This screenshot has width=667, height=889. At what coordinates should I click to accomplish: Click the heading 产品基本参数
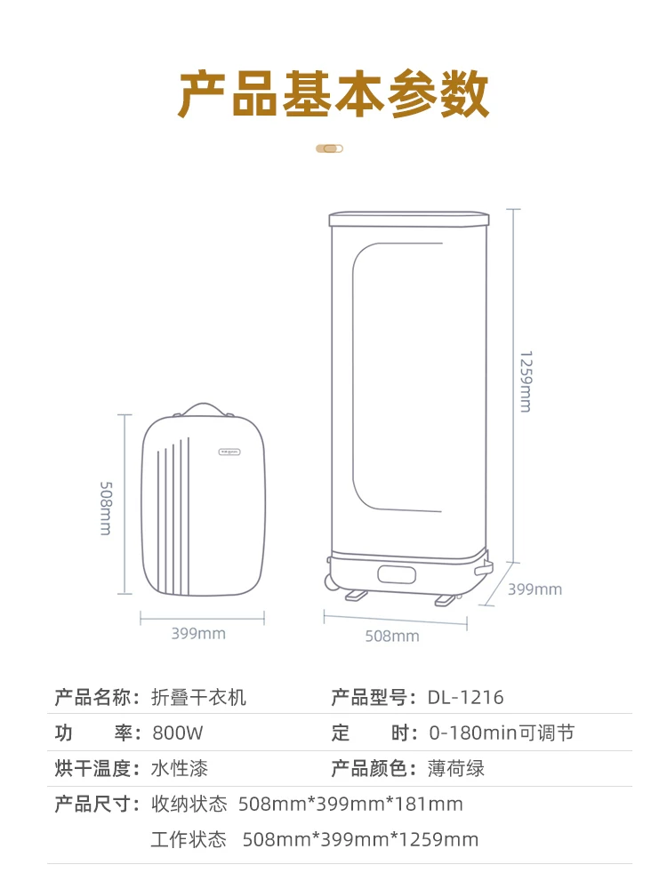(x=333, y=93)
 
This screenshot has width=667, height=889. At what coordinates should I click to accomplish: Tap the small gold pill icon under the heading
(x=330, y=148)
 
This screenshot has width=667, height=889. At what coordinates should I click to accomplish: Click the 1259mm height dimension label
(x=526, y=381)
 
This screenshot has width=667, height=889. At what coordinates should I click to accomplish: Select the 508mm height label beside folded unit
(x=106, y=509)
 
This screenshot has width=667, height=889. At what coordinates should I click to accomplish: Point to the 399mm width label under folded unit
(x=198, y=633)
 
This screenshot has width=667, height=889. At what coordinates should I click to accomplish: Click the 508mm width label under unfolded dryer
(x=392, y=637)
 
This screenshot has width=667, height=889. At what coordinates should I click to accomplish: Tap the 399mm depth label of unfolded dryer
(x=534, y=589)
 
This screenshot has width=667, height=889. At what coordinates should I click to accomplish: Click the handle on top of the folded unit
(x=203, y=409)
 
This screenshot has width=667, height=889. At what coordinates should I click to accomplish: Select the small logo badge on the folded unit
(x=229, y=452)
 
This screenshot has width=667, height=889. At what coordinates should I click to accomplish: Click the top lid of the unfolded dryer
(x=409, y=219)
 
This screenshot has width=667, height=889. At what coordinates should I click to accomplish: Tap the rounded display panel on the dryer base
(x=397, y=574)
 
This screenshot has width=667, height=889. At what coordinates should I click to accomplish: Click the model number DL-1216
(x=466, y=697)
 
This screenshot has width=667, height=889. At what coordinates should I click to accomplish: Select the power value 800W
(x=178, y=733)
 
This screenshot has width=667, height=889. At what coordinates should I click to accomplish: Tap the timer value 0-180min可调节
(x=502, y=733)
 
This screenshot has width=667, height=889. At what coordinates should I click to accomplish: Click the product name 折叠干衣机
(x=198, y=697)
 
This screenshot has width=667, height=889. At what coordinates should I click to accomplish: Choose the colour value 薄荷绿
(x=456, y=769)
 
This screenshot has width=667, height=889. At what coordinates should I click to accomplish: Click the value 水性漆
(x=180, y=769)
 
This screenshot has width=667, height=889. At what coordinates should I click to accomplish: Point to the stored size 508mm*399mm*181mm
(x=350, y=804)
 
